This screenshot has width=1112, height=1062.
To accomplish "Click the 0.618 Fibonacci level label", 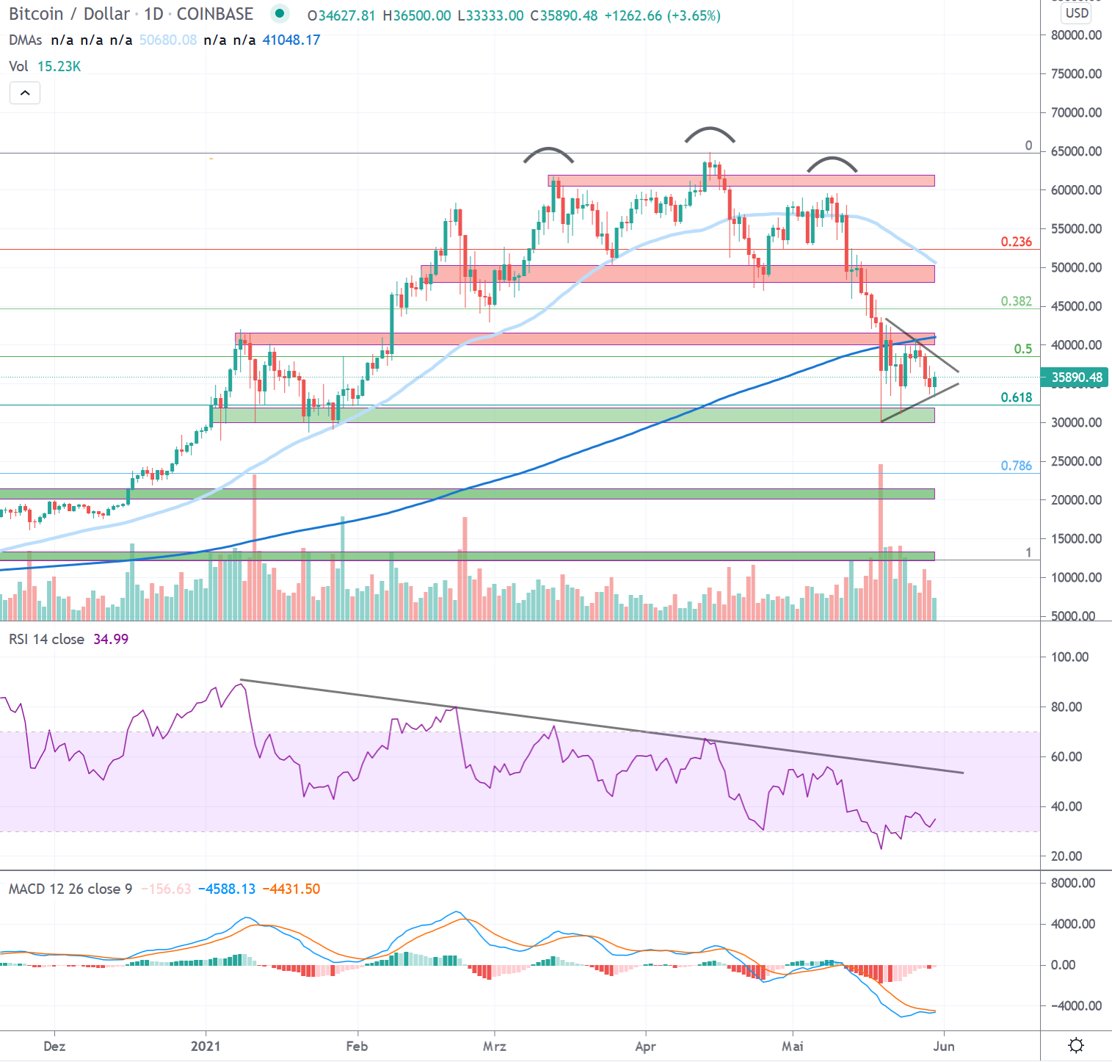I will point(1016,397).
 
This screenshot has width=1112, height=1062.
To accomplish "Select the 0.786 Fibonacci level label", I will point(1016,466).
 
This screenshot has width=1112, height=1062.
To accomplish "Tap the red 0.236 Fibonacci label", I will point(1016,242).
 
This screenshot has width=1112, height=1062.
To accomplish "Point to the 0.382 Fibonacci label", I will point(1016,301).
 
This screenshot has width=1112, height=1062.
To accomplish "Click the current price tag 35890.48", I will point(1076,378).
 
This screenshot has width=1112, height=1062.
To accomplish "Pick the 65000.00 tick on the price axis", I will point(1076,151).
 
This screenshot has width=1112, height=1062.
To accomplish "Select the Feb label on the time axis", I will point(357,1046).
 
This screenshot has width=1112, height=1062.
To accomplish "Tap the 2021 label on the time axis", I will point(206,1046).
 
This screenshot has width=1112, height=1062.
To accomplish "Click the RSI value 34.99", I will point(111,639).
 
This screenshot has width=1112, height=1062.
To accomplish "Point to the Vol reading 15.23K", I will point(59,66).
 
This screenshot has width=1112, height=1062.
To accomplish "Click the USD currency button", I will point(1077,12).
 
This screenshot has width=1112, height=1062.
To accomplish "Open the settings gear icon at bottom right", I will point(1076,1045).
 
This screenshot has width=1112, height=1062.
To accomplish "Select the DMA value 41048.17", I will point(291,40).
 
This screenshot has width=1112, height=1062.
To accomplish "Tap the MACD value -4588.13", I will point(230,889).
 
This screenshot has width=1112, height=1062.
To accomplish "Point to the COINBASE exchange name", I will point(214,14).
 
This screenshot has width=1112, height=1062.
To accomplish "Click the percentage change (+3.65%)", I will point(694,15).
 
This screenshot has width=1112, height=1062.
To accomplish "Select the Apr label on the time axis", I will point(645,1046).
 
